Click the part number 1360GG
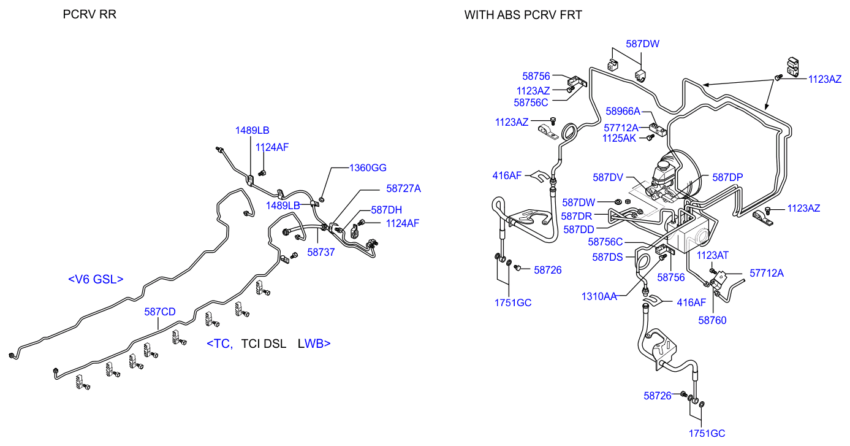pyautogui.click(x=368, y=167)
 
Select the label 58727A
pyautogui.click(x=403, y=189)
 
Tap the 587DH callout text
pyautogui.click(x=386, y=210)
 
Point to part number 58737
pyautogui.click(x=321, y=252)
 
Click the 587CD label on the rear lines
pyautogui.click(x=160, y=312)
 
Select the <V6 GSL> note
pyautogui.click(x=96, y=279)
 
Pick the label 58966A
pyautogui.click(x=623, y=111)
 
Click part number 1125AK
pyautogui.click(x=620, y=139)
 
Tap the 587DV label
pyautogui.click(x=608, y=177)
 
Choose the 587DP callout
pyautogui.click(x=727, y=177)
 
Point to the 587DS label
pyautogui.click(x=607, y=257)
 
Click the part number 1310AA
pyautogui.click(x=599, y=296)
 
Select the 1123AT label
pyautogui.click(x=713, y=255)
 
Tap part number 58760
pyautogui.click(x=712, y=320)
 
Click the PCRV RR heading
pyautogui.click(x=89, y=14)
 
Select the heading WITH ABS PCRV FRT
pyautogui.click(x=523, y=14)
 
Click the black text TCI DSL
pyautogui.click(x=264, y=344)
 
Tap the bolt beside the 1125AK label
pyautogui.click(x=645, y=139)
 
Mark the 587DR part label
pyautogui.click(x=576, y=216)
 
